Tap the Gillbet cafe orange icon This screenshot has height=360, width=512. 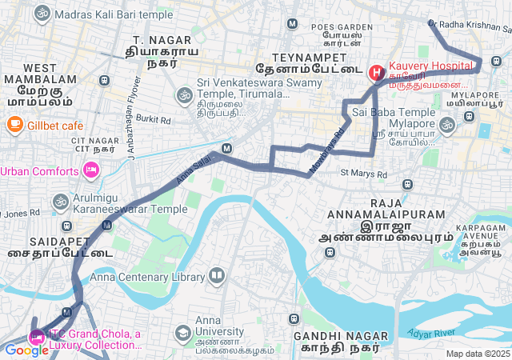[14, 125]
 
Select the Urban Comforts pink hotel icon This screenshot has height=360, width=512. [90, 170]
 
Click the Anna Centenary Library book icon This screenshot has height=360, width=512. [217, 277]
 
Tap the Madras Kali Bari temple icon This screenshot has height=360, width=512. [42, 14]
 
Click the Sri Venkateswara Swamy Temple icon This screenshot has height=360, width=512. [183, 95]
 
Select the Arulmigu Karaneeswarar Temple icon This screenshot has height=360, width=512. [61, 202]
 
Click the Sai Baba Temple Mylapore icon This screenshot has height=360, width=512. [446, 123]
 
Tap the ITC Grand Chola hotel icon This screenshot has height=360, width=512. [36, 336]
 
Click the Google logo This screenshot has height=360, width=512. [26, 350]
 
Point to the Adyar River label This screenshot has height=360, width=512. [431, 330]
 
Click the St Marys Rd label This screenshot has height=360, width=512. [363, 172]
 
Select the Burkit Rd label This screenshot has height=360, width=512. [154, 120]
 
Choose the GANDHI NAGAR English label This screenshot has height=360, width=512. [336, 336]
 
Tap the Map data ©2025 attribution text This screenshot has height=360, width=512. [478, 354]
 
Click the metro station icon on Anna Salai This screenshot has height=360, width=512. [227, 148]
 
